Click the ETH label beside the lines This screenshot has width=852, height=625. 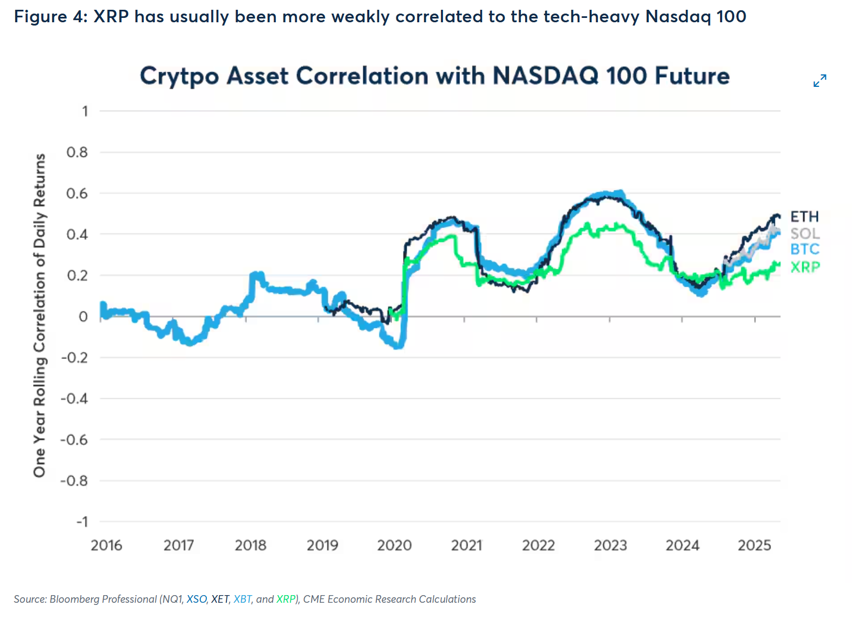pyautogui.click(x=804, y=217)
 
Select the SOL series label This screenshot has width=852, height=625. pyautogui.click(x=805, y=233)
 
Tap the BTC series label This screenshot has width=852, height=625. pyautogui.click(x=804, y=249)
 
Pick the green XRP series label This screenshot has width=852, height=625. pyautogui.click(x=805, y=267)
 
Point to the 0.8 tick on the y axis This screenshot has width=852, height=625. pyautogui.click(x=77, y=152)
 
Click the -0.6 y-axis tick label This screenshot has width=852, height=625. pyautogui.click(x=74, y=439)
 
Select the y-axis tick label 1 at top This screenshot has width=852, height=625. pyautogui.click(x=85, y=111)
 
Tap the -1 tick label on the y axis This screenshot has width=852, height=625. pyautogui.click(x=81, y=522)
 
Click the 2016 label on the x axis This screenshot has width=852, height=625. pyautogui.click(x=106, y=545)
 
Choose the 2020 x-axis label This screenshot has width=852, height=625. pyautogui.click(x=394, y=545)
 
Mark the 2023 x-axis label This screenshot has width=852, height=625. pyautogui.click(x=610, y=545)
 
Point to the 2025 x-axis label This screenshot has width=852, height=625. pyautogui.click(x=754, y=545)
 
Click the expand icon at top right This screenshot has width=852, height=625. pyautogui.click(x=819, y=81)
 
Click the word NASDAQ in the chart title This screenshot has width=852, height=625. pyautogui.click(x=545, y=76)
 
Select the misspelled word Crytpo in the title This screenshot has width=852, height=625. pyautogui.click(x=179, y=77)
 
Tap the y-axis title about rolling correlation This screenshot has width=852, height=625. pyautogui.click(x=40, y=315)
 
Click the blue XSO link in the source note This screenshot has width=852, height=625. pyautogui.click(x=197, y=599)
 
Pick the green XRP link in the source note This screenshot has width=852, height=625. pyautogui.click(x=286, y=599)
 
